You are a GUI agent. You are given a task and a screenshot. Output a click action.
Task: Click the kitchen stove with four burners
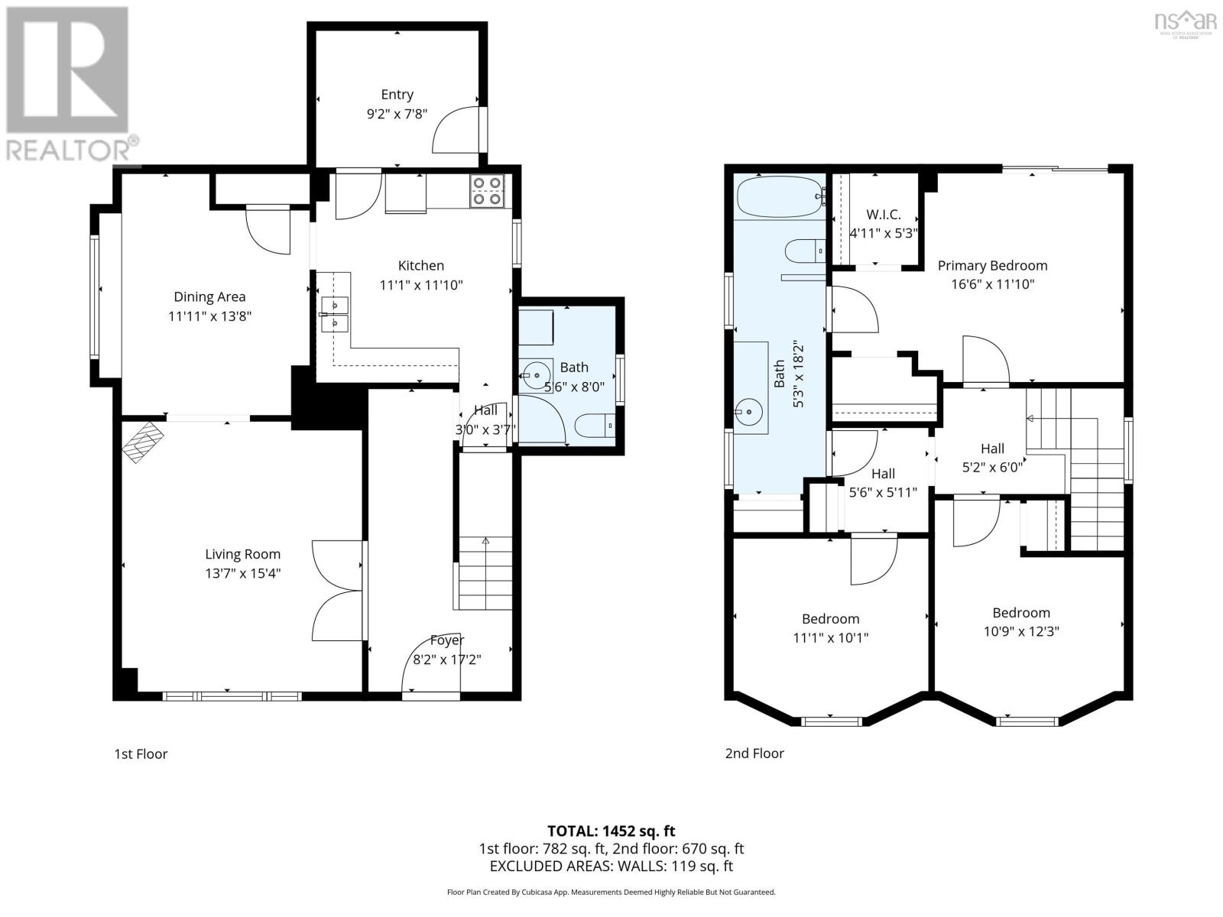point(487,190)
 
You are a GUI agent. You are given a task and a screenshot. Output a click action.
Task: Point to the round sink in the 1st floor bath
point(537,375)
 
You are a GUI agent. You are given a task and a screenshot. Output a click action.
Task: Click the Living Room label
point(242,554)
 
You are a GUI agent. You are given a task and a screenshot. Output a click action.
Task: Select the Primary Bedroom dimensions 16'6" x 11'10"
point(992,284)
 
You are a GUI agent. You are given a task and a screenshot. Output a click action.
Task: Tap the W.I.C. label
point(883,215)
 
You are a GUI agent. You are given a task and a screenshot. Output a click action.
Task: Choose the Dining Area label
point(209,296)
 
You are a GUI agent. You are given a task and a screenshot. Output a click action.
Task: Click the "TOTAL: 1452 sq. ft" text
point(611,831)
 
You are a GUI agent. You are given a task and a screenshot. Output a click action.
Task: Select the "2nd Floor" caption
point(754,753)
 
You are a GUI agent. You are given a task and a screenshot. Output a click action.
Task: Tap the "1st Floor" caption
point(141,753)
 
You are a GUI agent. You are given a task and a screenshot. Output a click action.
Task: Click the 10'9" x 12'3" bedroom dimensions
point(1021,631)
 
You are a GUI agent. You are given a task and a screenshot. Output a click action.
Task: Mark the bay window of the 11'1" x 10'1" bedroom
point(831,721)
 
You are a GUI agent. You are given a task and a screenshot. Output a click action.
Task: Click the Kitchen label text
point(420,265)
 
